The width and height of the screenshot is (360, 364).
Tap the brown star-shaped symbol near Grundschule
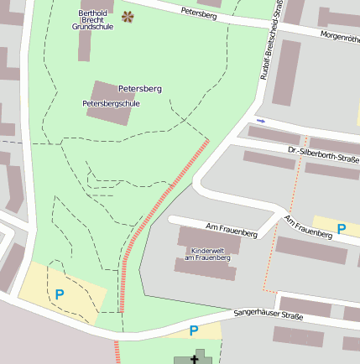pyautogui.click(x=127, y=16)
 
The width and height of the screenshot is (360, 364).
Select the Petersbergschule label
pyautogui.click(x=111, y=103)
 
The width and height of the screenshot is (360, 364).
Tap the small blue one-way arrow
pyautogui.click(x=261, y=122)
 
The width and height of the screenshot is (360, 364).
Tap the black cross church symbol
pyautogui.click(x=196, y=359)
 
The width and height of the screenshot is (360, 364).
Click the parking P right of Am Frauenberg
pyautogui.click(x=342, y=228)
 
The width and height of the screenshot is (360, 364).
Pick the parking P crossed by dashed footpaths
pyautogui.click(x=59, y=294)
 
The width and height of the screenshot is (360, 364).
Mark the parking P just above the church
pyautogui.click(x=194, y=330)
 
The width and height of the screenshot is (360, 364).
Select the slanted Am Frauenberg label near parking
pyautogui.click(x=308, y=228)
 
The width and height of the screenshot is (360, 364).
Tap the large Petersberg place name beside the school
pyautogui.click(x=140, y=88)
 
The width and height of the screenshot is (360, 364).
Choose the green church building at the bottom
pyautogui.click(x=190, y=359)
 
